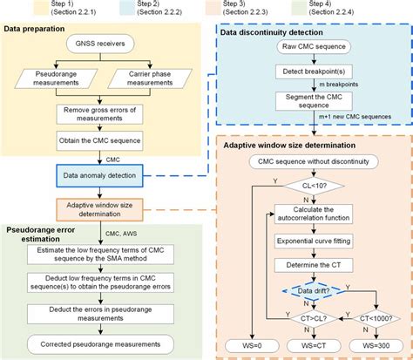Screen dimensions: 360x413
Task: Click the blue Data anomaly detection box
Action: (x=106, y=175)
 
